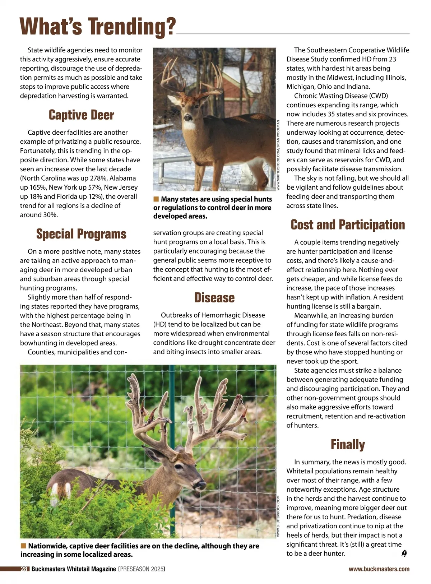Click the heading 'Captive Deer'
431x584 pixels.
pyautogui.click(x=81, y=115)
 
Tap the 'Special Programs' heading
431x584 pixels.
pyautogui.click(x=81, y=234)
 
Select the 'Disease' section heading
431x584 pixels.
pyautogui.click(x=214, y=298)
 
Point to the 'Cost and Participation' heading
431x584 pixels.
pyautogui.click(x=348, y=225)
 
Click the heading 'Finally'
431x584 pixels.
pyautogui.click(x=348, y=445)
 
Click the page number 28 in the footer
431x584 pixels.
pyautogui.click(x=24, y=569)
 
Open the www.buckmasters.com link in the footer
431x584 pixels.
pyautogui.click(x=379, y=569)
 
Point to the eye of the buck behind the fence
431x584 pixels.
pyautogui.click(x=179, y=467)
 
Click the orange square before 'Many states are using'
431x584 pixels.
pyautogui.click(x=156, y=199)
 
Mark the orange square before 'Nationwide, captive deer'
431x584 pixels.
pyautogui.click(x=23, y=546)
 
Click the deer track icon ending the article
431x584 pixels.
pyautogui.click(x=404, y=553)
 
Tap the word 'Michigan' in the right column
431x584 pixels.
pyautogui.click(x=301, y=87)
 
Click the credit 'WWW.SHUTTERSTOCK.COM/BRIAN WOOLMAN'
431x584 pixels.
pyautogui.click(x=278, y=155)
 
